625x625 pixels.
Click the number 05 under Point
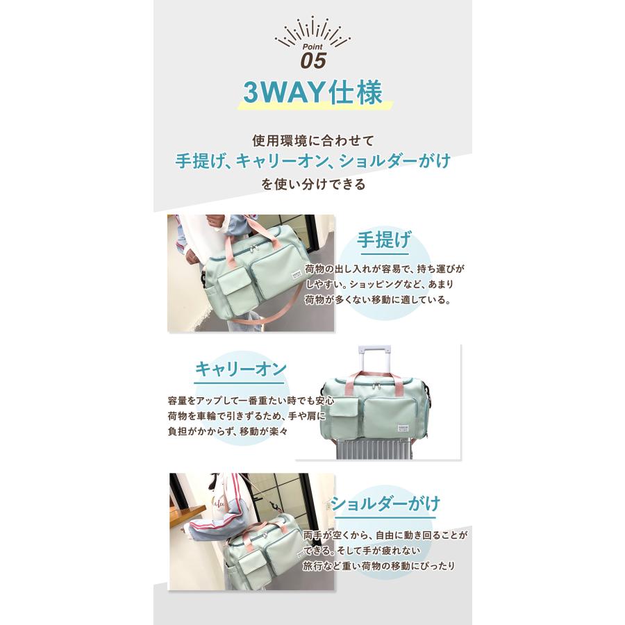pyautogui.click(x=312, y=60)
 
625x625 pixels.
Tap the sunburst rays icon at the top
pyautogui.click(x=312, y=29)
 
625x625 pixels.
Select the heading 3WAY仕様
pyautogui.click(x=313, y=93)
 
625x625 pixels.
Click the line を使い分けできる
pyautogui.click(x=313, y=185)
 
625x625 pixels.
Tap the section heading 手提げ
pyautogui.click(x=383, y=240)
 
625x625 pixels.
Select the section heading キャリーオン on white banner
pyautogui.click(x=240, y=368)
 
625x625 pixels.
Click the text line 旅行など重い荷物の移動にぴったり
pyautogui.click(x=379, y=565)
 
